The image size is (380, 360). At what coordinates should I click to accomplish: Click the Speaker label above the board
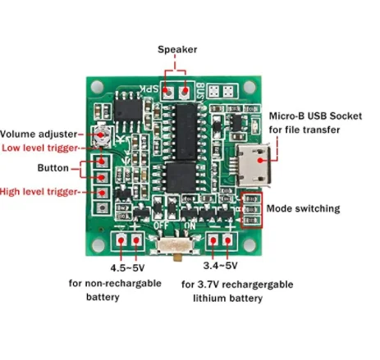[177, 49]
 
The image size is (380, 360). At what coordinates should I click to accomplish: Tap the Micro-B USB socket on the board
[254, 165]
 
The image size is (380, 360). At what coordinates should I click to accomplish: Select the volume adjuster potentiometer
[101, 134]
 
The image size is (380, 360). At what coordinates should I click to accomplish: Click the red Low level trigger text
[40, 148]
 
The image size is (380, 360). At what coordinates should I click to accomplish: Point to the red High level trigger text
[39, 192]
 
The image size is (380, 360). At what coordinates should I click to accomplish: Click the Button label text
[53, 168]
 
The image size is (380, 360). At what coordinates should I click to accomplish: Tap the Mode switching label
[303, 208]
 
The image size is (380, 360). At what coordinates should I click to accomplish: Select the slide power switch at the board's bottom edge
[175, 245]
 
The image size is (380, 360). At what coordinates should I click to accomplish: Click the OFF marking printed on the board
[161, 226]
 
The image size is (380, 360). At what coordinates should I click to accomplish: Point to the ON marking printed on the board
[190, 226]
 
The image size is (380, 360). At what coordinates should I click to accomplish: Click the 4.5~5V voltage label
[127, 268]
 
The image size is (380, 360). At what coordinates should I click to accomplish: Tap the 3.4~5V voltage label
[220, 266]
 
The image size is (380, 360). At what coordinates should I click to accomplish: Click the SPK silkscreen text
[149, 89]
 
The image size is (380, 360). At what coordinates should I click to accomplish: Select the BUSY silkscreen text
[200, 93]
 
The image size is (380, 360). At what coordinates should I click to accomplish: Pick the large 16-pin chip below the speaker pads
[186, 132]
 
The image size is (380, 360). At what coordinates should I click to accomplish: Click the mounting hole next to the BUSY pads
[250, 87]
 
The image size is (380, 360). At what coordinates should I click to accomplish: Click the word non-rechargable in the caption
[123, 284]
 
